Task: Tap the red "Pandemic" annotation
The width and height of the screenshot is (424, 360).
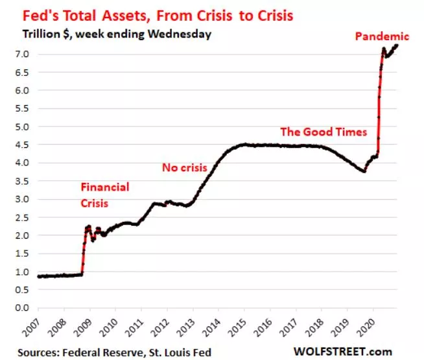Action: click(x=382, y=36)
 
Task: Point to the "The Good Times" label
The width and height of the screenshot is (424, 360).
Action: click(x=324, y=132)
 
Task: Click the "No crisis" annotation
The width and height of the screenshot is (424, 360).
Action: click(x=184, y=168)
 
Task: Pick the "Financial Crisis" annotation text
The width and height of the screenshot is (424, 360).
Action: click(x=104, y=195)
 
